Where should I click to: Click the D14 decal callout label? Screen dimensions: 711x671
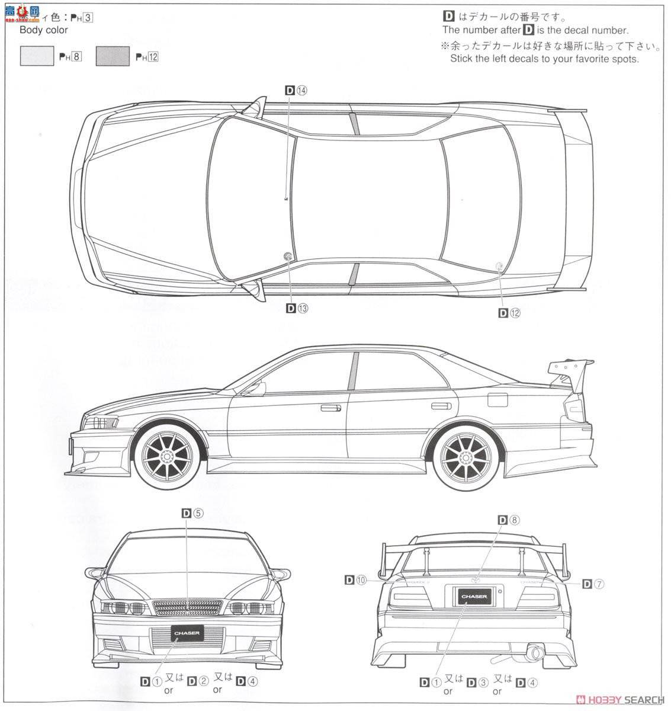point(297,91)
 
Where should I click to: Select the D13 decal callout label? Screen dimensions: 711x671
point(297,308)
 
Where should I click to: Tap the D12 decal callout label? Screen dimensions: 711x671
point(509,313)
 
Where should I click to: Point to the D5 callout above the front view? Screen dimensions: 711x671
point(193,514)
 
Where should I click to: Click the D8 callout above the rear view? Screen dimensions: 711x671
point(509,520)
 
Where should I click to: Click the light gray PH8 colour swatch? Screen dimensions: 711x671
point(37,56)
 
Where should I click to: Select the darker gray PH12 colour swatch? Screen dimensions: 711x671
point(113,56)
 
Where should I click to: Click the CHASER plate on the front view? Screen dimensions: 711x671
point(187,633)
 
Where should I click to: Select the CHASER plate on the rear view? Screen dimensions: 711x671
point(476,596)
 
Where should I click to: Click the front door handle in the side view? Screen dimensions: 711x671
point(330,408)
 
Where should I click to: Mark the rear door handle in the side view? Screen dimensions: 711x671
point(440,405)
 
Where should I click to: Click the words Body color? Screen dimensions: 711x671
point(44,30)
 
